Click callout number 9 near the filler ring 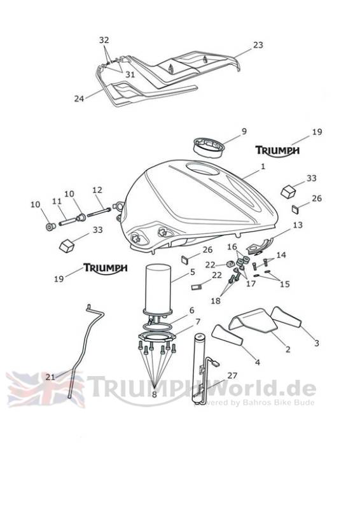pos(244,132)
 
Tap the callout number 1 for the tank pos(263,167)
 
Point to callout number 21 pos(50,377)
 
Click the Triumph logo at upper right pos(277,151)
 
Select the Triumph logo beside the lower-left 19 pos(105,268)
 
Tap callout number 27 pos(232,375)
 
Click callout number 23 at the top pos(258,45)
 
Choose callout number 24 pos(79,99)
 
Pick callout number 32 pos(104,40)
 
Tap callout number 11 pos(57,202)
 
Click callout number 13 pos(298,225)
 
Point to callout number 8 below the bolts pos(154,394)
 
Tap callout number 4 pos(258,362)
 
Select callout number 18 pos(216,301)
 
